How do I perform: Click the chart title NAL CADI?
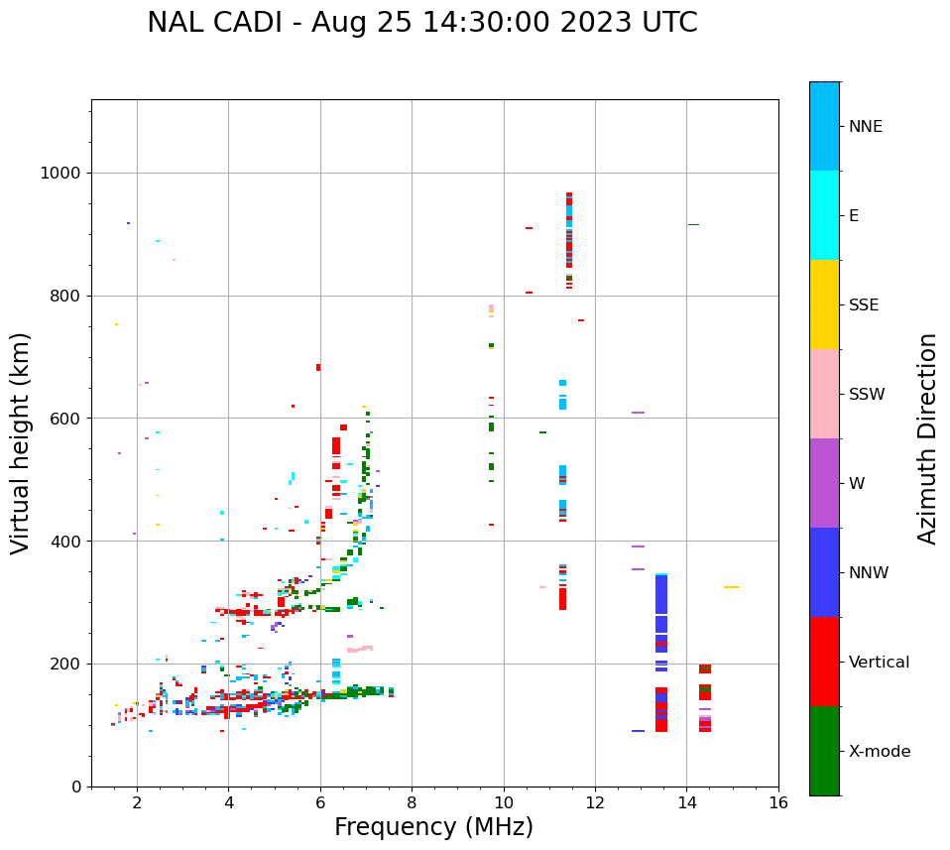pyautogui.click(x=421, y=23)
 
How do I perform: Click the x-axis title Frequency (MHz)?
pyautogui.click(x=433, y=827)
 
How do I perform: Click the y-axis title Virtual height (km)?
pyautogui.click(x=21, y=442)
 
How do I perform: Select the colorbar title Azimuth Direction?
pyautogui.click(x=927, y=438)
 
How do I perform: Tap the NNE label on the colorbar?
pyautogui.click(x=865, y=127)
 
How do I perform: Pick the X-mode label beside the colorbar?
pyautogui.click(x=879, y=752)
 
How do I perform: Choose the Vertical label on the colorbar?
pyautogui.click(x=879, y=663)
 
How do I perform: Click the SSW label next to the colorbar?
pyautogui.click(x=867, y=395)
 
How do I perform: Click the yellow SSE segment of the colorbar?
pyautogui.click(x=824, y=304)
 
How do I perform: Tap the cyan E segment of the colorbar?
pyautogui.click(x=824, y=215)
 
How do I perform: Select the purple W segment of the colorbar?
pyautogui.click(x=824, y=483)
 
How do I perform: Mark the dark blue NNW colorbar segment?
pyautogui.click(x=824, y=572)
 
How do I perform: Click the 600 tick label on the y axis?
pyautogui.click(x=65, y=419)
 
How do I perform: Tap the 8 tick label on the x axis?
pyautogui.click(x=412, y=802)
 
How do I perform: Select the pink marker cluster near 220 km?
pyautogui.click(x=360, y=650)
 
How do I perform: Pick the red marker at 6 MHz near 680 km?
pyautogui.click(x=318, y=367)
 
